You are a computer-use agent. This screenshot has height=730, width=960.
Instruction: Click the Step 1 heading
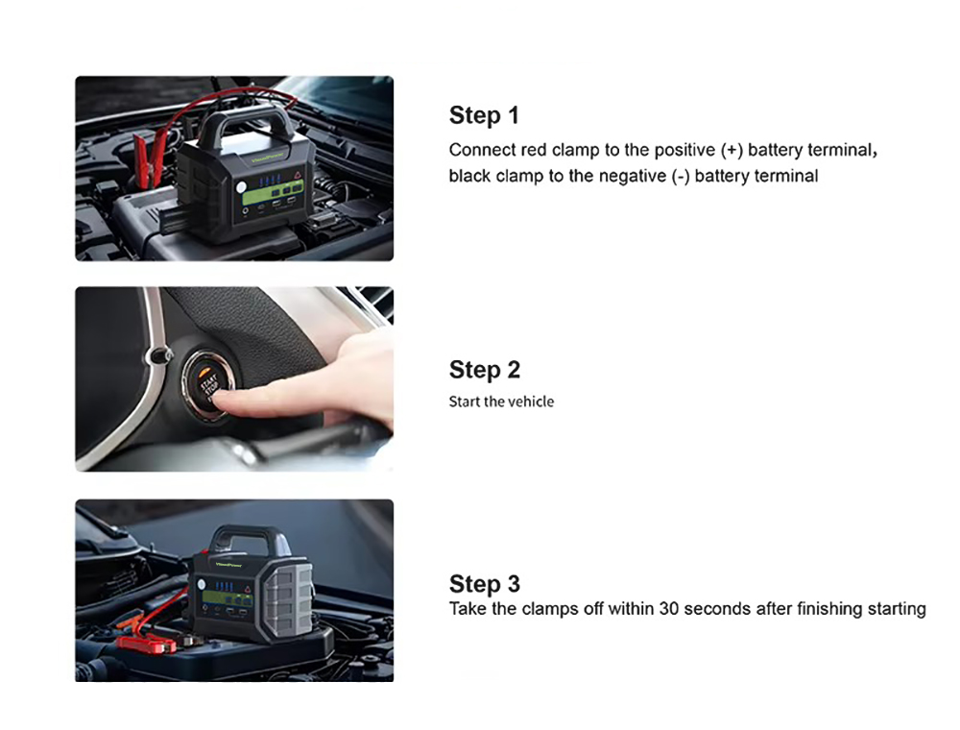pos(484,115)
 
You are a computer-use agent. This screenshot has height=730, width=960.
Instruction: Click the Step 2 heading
pos(484,370)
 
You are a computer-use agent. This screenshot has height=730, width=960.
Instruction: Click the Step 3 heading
pos(484,584)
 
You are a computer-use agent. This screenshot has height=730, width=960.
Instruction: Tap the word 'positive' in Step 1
pos(684,151)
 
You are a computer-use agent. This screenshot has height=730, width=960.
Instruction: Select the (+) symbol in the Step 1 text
pos(732,150)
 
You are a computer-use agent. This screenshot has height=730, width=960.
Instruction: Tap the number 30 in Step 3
pos(668,609)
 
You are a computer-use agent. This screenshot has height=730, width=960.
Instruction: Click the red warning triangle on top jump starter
pos(298,175)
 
